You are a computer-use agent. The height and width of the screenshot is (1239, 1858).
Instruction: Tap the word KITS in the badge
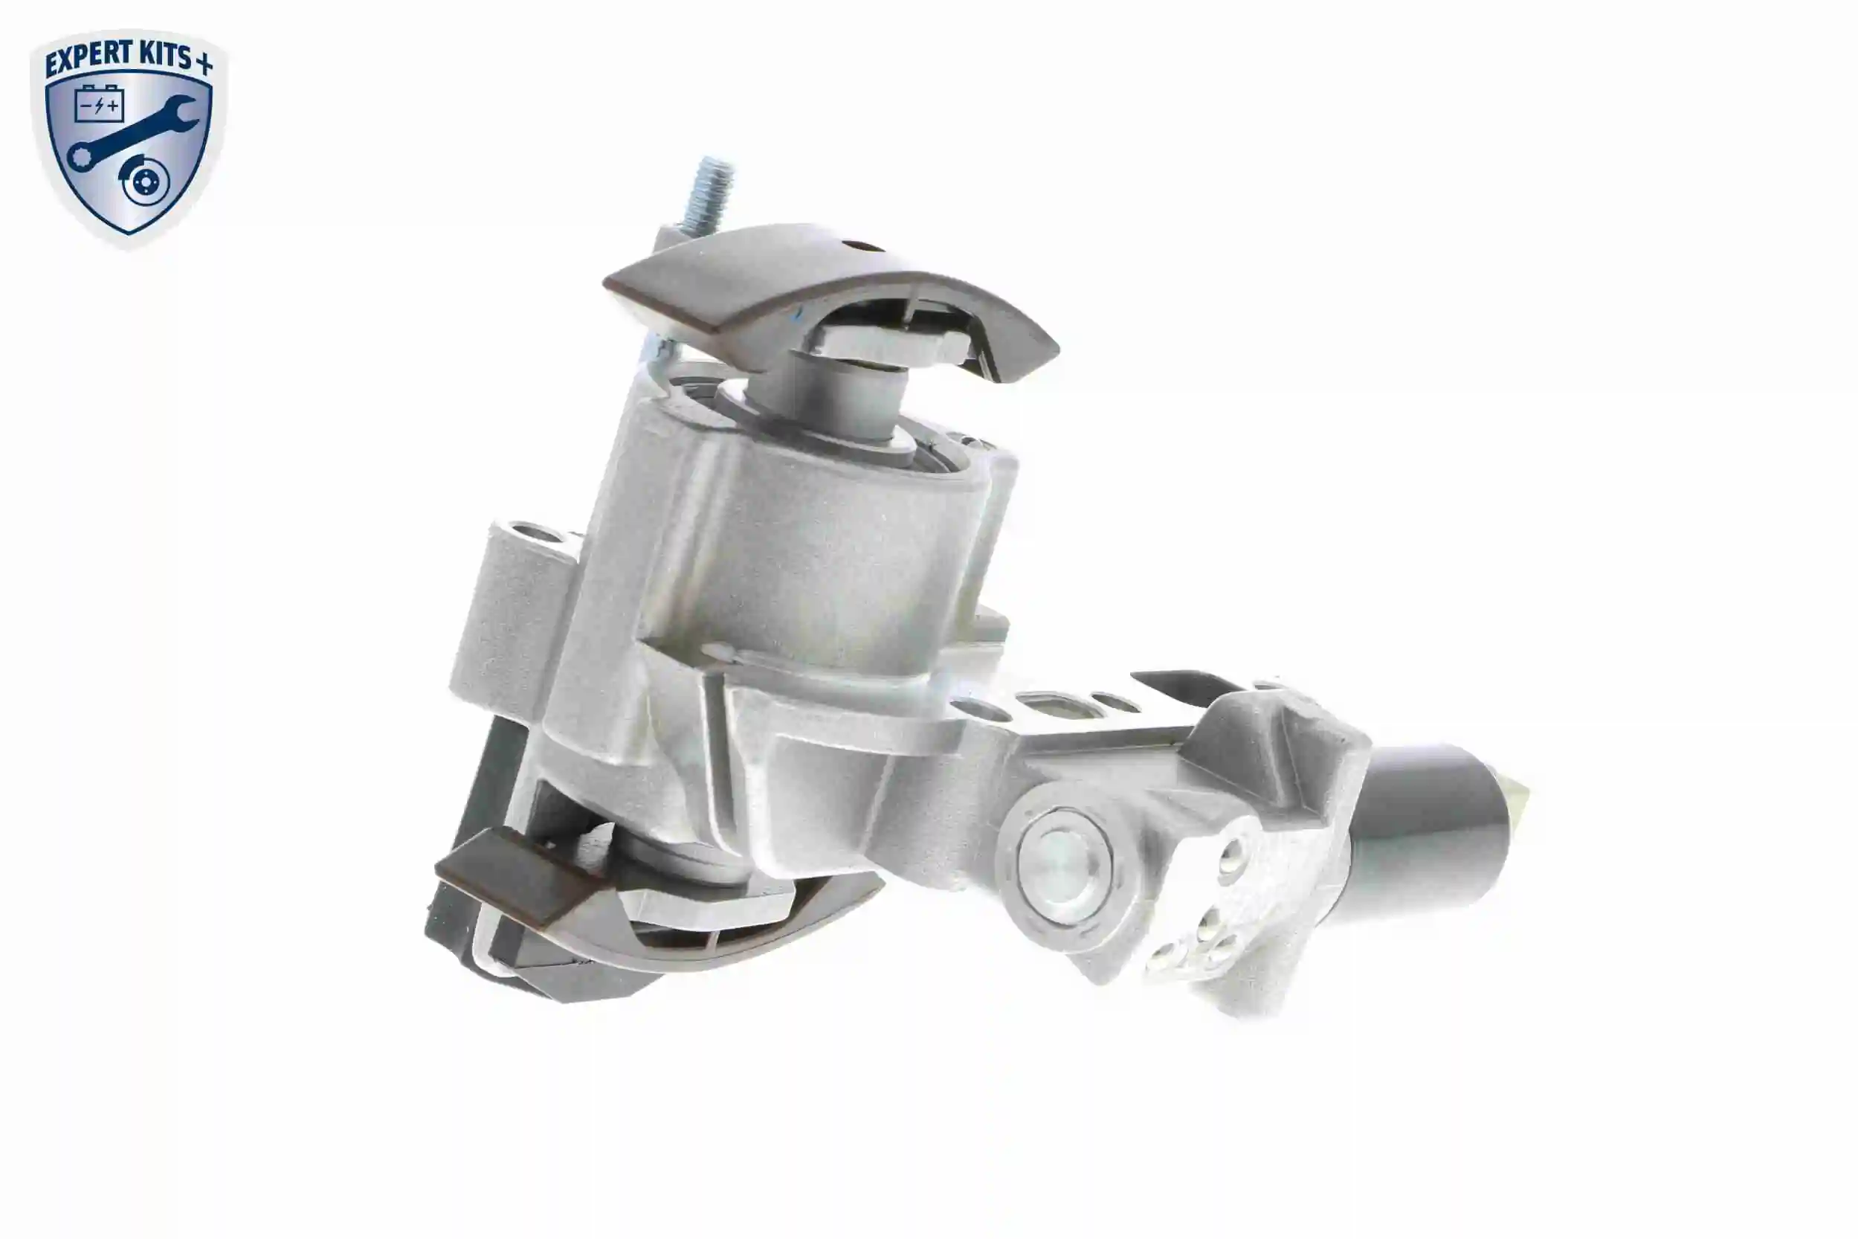163,54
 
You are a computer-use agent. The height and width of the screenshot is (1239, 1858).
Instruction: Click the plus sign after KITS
204,64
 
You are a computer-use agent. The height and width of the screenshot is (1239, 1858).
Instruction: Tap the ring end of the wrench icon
80,157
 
